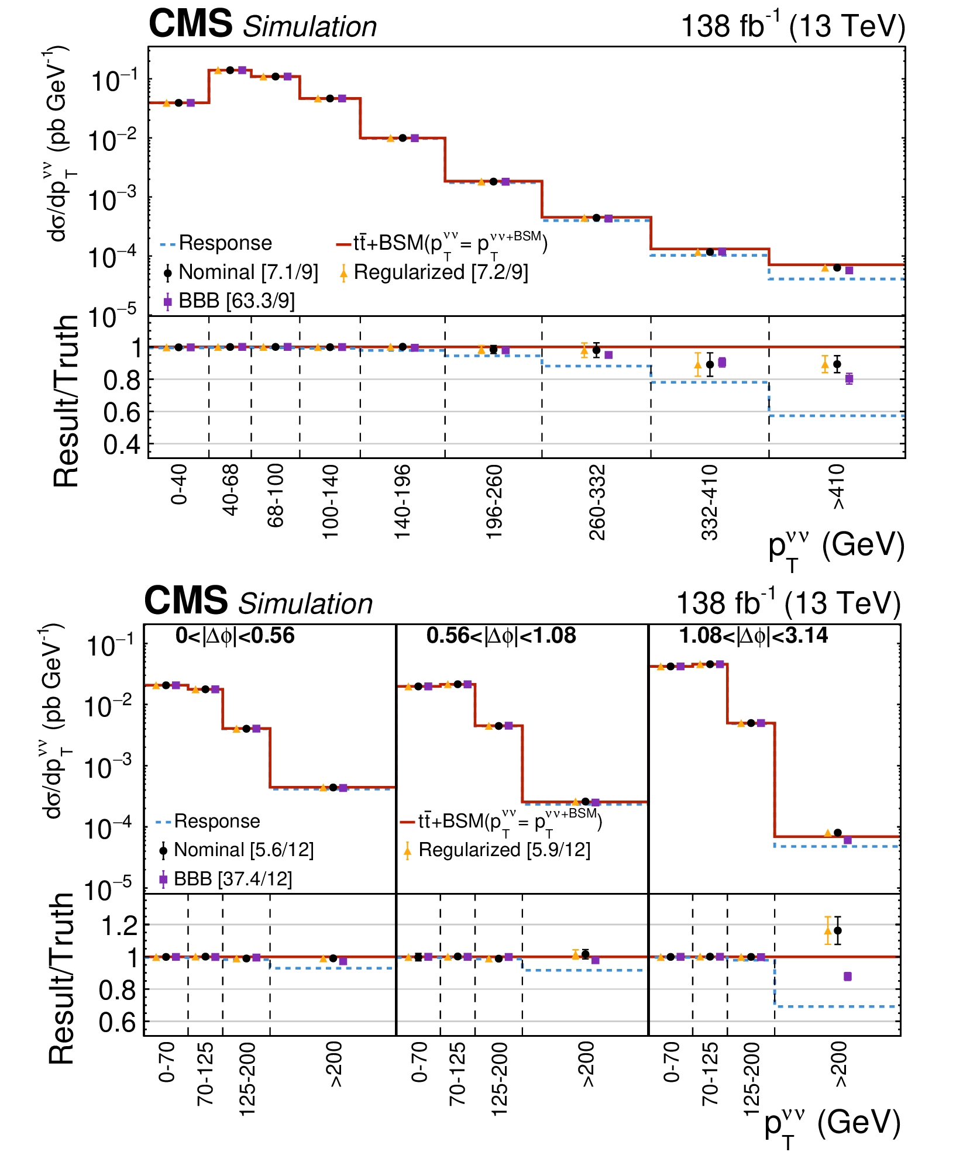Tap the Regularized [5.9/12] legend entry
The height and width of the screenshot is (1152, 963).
coord(497,850)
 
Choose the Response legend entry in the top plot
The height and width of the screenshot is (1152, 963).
coord(216,243)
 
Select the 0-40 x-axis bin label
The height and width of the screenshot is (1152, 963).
coord(179,484)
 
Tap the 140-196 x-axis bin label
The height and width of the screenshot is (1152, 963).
coord(403,502)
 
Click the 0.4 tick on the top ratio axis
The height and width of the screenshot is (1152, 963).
coord(122,446)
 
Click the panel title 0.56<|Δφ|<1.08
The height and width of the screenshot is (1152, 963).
coord(501,636)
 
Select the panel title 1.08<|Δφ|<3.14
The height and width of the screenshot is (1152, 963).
coord(754,636)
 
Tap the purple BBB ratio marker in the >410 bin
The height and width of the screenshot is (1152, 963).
coord(849,379)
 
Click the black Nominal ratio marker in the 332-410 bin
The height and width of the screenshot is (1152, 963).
coord(710,364)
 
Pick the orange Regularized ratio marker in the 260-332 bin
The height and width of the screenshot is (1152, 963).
coord(584,350)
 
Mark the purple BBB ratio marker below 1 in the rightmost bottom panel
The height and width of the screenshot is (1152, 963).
coord(848,977)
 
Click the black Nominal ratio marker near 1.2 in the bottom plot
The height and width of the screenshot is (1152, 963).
coord(838,930)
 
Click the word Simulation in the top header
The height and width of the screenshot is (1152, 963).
coord(310,27)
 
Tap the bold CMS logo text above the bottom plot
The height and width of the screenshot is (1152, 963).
coord(186,601)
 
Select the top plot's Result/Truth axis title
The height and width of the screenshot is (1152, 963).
coord(66,401)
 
